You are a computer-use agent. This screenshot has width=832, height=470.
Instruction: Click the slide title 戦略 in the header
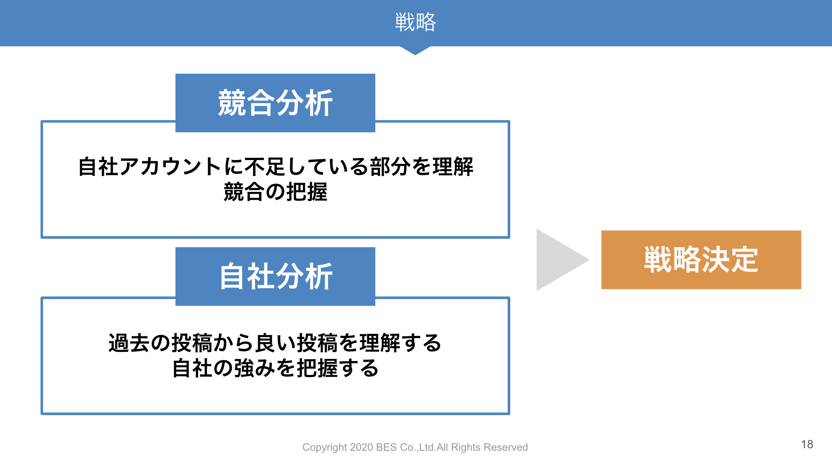coord(415,22)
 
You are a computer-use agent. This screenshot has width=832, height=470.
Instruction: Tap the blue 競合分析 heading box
coord(275,103)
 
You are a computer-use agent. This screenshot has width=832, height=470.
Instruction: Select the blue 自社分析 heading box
coord(275,276)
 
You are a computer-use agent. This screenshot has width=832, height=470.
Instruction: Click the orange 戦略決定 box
coord(701,260)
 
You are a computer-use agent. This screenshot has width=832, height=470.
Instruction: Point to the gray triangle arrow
coord(559,260)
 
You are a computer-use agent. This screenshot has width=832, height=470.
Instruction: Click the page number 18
coord(807,444)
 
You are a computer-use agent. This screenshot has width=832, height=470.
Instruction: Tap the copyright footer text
coord(415,447)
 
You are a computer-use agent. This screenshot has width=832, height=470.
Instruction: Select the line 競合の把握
coord(275,192)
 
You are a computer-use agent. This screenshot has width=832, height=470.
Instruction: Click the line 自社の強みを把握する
coord(275,369)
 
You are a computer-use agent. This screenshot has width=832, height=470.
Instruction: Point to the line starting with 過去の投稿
coord(275,343)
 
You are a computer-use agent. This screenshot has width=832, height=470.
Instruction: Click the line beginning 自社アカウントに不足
coord(275,167)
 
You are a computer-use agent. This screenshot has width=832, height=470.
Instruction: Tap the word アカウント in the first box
coord(171,167)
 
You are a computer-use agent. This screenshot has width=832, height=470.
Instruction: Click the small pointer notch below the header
coord(415,51)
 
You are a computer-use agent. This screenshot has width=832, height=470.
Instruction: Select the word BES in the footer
coord(386,447)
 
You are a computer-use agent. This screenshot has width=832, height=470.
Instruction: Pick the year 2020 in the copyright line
coord(362,447)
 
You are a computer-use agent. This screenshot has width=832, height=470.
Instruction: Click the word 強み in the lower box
coord(255,369)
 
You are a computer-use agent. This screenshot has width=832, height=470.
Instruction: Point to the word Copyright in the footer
coord(325,448)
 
